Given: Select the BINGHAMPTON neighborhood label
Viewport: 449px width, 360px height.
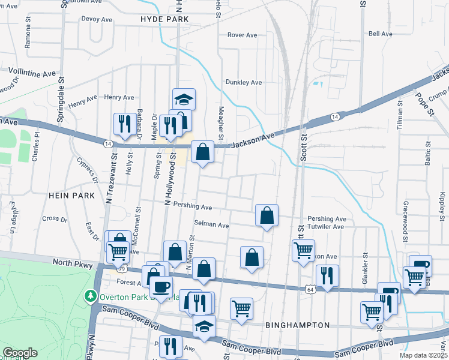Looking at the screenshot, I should [x=297, y=325].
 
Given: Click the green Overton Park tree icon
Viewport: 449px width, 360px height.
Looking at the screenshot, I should [x=90, y=296].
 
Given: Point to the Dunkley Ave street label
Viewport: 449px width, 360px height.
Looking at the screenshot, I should [x=244, y=82].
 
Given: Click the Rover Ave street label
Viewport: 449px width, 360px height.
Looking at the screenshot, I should [x=242, y=35].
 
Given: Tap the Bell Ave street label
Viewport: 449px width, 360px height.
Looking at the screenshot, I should [x=381, y=34].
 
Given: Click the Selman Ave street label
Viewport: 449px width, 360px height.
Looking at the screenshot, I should [x=211, y=226].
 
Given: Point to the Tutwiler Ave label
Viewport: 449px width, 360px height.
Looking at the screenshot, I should [x=326, y=226].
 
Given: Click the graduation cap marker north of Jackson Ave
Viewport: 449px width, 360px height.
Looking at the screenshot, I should [x=184, y=98].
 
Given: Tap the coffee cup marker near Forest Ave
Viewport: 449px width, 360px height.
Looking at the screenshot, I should [x=160, y=287].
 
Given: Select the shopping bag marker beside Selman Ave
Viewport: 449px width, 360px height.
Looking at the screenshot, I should [x=267, y=215].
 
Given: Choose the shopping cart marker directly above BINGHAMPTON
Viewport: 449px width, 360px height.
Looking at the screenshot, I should [x=241, y=308].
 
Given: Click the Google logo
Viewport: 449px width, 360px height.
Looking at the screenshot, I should [x=20, y=353].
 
